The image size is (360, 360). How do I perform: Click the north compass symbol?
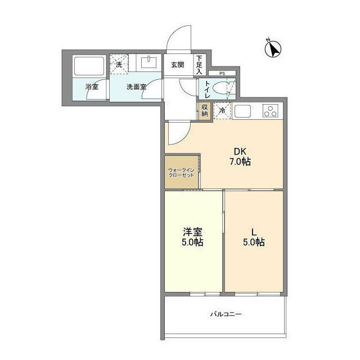(273, 49)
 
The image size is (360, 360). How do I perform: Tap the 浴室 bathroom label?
(91, 87)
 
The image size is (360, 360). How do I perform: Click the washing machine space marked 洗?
(119, 64)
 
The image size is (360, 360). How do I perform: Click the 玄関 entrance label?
(178, 65)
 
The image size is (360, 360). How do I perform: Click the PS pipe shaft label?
(222, 73)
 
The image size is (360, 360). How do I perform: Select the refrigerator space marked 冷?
(223, 111)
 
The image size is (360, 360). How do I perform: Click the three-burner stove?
(271, 111)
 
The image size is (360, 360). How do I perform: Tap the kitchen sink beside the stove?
(245, 111)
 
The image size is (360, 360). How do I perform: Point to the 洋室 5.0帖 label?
(193, 237)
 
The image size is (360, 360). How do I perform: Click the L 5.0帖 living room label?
(254, 237)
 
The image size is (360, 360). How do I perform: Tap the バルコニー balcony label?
(226, 314)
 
